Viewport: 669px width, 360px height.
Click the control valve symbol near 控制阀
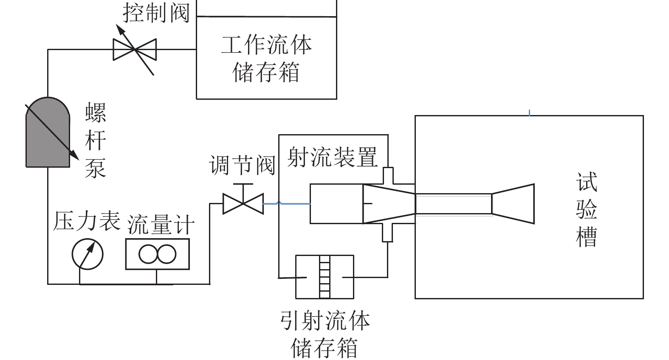pos(135,50)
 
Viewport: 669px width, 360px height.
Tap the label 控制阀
pos(156,13)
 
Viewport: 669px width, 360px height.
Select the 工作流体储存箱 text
pos(266,58)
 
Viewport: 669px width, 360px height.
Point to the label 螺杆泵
pos(95,140)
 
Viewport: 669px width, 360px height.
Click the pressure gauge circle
pos(88,254)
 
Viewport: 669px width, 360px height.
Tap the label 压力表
pos(87,221)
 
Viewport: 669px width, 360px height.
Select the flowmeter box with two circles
pos(157,254)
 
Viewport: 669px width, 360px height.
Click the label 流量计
pos(161,224)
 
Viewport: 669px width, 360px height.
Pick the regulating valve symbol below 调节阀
pos(243,204)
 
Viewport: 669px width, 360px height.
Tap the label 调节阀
pos(243,165)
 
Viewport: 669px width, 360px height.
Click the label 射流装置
pos(332,157)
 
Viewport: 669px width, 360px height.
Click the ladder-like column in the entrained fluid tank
pos(325,277)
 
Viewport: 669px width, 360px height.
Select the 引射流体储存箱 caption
pos(325,334)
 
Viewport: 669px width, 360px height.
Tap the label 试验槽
pos(587,209)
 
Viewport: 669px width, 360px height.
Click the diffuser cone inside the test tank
pos(513,204)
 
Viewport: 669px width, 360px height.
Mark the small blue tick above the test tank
pos(529,112)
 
